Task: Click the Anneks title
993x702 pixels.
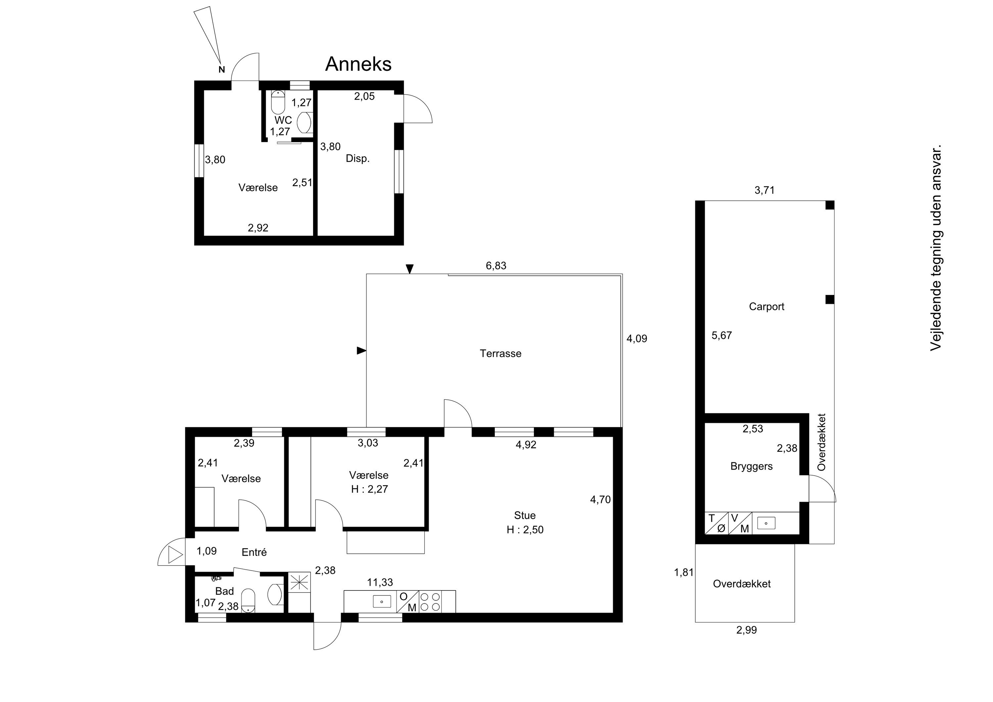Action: tap(358, 64)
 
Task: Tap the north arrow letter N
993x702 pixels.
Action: tap(222, 70)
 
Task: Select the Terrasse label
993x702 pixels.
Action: tap(500, 353)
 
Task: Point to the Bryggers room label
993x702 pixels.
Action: tap(751, 466)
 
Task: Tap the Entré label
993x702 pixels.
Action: tap(254, 552)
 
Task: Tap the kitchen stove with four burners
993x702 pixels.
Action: tap(430, 602)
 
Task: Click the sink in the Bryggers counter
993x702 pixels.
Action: tap(766, 523)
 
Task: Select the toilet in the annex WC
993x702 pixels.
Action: tap(278, 102)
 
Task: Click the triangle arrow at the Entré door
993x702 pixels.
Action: tap(175, 555)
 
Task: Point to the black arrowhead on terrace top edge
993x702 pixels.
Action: tap(409, 269)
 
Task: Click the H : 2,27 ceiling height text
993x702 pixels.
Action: tap(369, 489)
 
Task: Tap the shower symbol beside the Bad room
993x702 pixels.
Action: tap(299, 582)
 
